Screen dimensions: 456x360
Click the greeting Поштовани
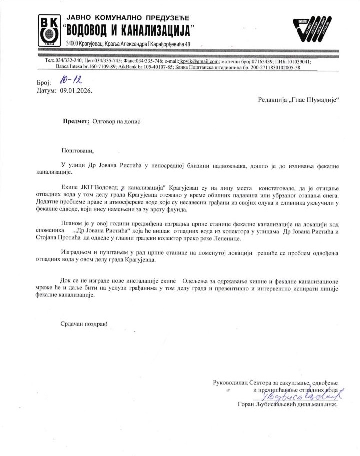pyautogui.click(x=77, y=150)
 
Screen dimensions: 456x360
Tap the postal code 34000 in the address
pyautogui.click(x=75, y=45)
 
